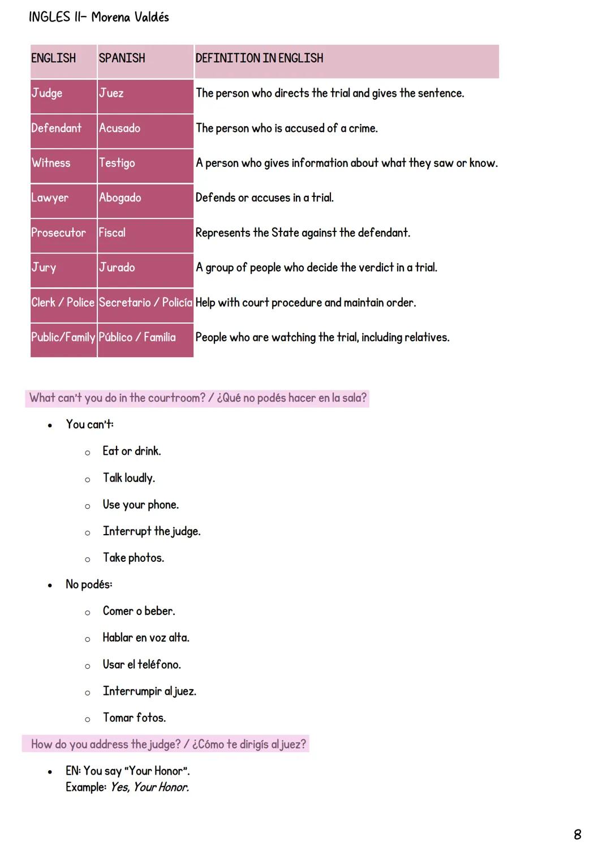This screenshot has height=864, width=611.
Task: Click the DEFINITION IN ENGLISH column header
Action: click(x=259, y=58)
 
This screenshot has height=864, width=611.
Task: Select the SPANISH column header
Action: click(x=122, y=58)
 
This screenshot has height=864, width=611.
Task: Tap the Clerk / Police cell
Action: click(x=63, y=303)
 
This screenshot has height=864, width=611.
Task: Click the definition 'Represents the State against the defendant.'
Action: click(x=303, y=233)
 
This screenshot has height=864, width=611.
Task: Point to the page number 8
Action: click(x=577, y=835)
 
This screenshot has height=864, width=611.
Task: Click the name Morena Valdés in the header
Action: click(x=130, y=18)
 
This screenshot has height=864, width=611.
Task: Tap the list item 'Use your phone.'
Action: click(x=140, y=505)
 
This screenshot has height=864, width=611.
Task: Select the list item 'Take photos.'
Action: click(x=134, y=558)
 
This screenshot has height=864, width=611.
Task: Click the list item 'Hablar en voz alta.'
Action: click(x=146, y=638)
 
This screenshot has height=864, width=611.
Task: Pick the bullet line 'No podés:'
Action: click(x=89, y=584)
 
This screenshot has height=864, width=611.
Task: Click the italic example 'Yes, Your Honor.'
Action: click(x=150, y=787)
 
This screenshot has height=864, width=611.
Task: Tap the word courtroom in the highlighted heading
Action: click(x=177, y=398)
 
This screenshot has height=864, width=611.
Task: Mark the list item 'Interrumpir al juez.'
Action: click(x=149, y=691)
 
